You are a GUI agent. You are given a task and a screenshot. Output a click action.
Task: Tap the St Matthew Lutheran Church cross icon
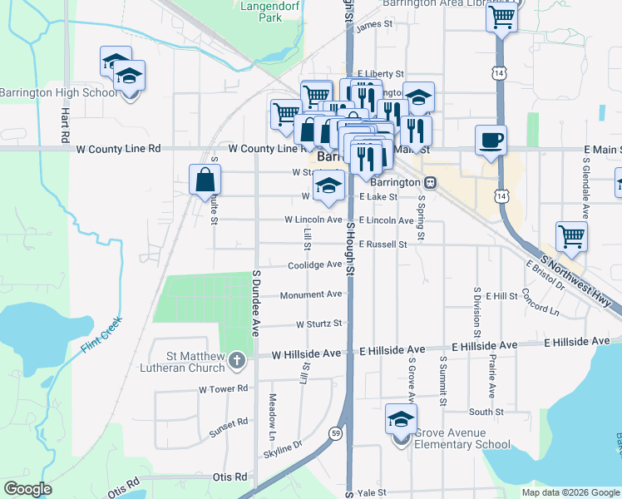(237, 360)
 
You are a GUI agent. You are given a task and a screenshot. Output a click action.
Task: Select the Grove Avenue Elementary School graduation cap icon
(401, 420)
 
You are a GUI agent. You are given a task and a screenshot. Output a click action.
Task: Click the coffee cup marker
(490, 140)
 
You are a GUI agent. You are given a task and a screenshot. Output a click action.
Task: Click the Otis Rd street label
(230, 477)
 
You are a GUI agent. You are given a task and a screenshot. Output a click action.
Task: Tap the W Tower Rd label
(224, 388)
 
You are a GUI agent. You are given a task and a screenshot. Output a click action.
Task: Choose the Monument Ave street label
(311, 294)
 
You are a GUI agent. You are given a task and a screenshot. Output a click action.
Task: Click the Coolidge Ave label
(315, 265)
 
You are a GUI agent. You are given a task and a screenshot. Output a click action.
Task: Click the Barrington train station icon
(430, 182)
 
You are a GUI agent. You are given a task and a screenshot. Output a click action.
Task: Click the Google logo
(27, 489)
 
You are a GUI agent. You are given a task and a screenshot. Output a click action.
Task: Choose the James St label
(373, 25)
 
